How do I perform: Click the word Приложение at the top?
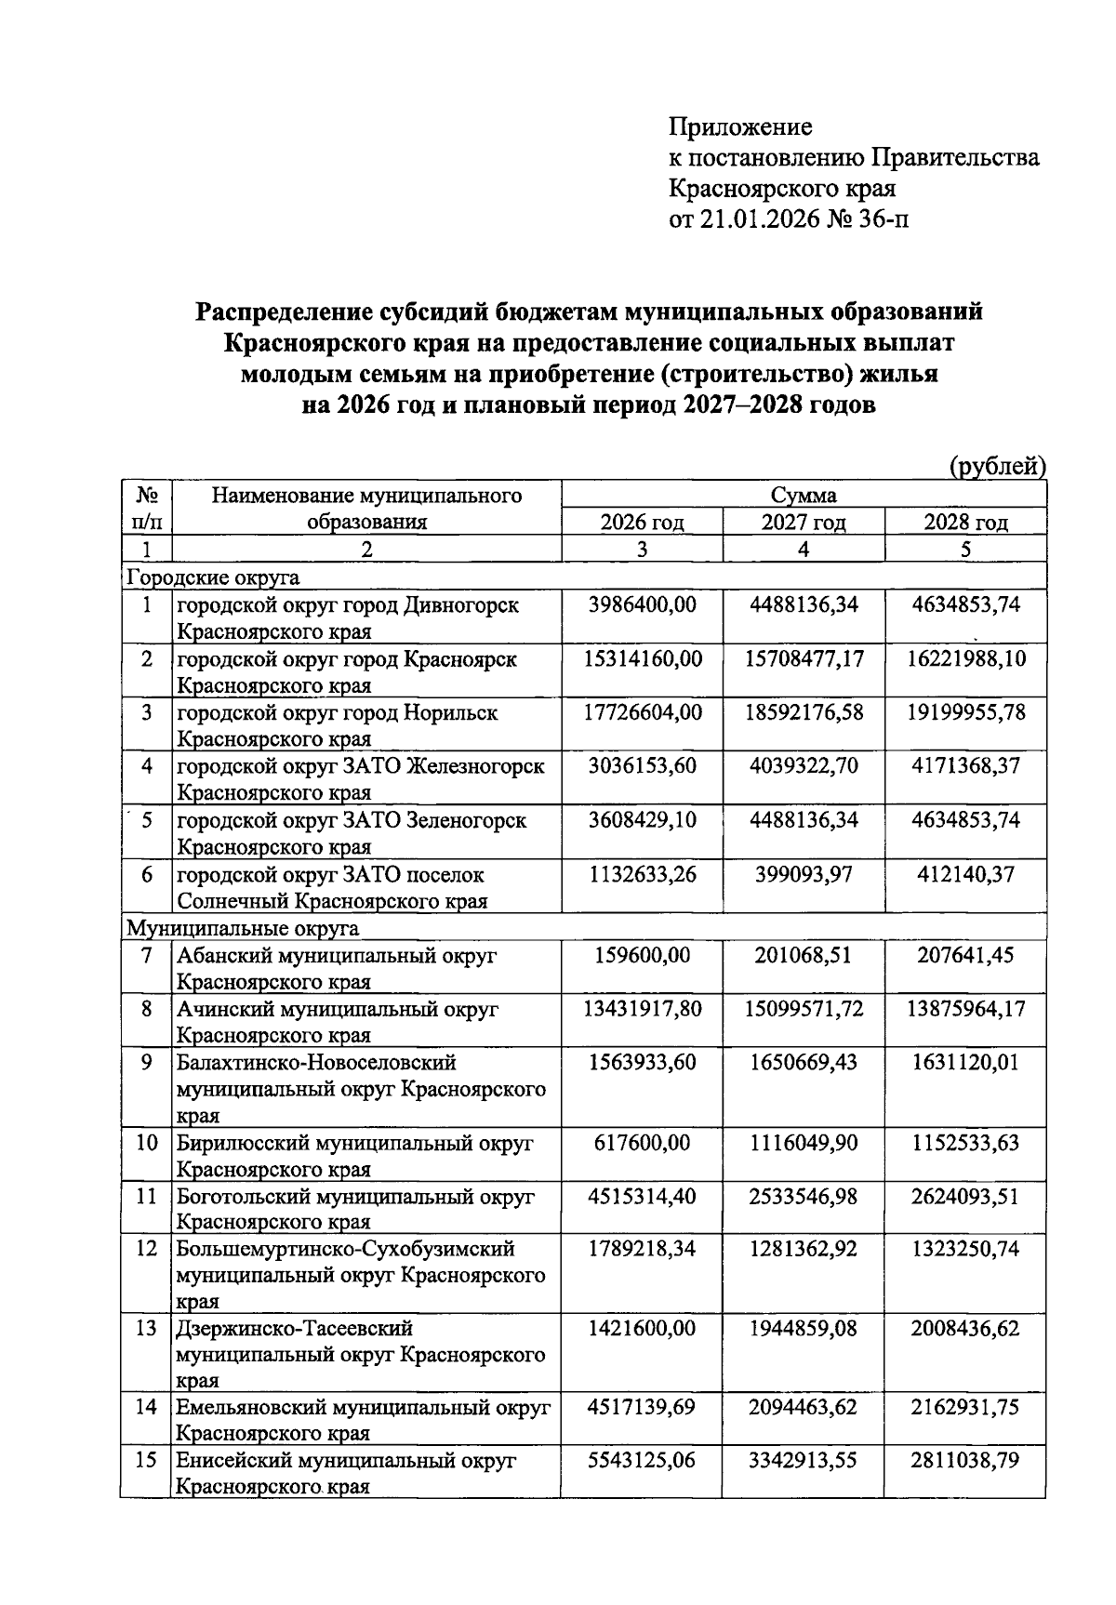tap(740, 126)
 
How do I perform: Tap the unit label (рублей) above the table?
tap(997, 466)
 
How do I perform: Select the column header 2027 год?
tap(804, 523)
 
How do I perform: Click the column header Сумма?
tap(804, 496)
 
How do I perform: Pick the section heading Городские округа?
tap(213, 577)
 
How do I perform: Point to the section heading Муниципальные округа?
tap(242, 928)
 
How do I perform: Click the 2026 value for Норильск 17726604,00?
tap(643, 713)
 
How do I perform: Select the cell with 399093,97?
tap(804, 875)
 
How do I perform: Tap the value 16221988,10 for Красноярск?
tap(966, 659)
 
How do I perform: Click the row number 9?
tap(147, 1062)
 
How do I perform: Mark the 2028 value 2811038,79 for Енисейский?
tap(966, 1461)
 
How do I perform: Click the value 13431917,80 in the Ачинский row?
tap(643, 1009)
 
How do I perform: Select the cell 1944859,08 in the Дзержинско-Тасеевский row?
tap(804, 1329)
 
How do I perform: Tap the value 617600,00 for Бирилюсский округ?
tap(643, 1143)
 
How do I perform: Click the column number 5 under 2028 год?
tap(965, 550)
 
